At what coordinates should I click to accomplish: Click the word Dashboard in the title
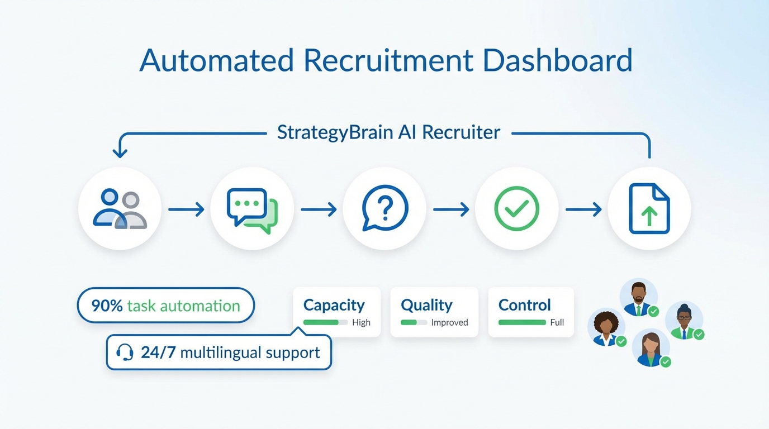(557, 60)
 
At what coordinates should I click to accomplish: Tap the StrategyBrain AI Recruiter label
(388, 132)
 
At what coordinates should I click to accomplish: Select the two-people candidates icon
(120, 209)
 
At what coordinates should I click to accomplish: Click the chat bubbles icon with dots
(252, 209)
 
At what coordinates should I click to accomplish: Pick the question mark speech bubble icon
(385, 208)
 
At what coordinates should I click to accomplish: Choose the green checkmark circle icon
(516, 209)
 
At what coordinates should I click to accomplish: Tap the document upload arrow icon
(649, 209)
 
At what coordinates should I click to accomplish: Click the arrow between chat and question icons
(319, 209)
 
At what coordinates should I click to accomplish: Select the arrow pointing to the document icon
(583, 209)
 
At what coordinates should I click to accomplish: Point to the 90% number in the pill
(107, 306)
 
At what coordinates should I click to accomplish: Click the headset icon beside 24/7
(125, 352)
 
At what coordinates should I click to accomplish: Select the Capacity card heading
(334, 305)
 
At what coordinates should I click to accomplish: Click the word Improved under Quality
(449, 322)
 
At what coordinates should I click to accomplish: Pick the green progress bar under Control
(522, 322)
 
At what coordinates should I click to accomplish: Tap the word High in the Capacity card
(361, 322)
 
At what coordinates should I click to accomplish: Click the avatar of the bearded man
(638, 296)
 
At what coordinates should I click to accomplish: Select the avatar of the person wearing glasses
(684, 320)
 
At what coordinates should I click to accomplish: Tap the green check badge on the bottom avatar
(665, 362)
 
